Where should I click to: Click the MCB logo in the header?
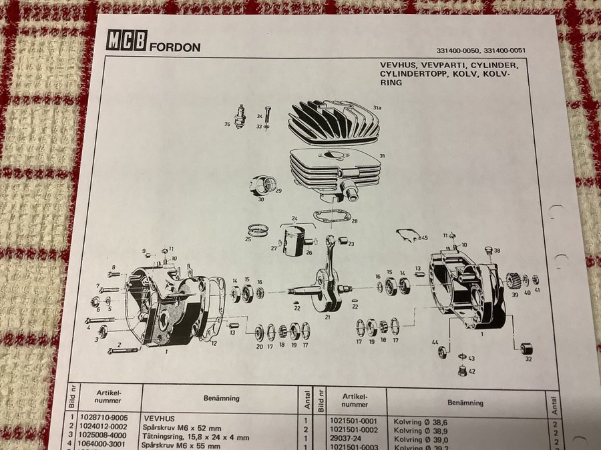click(x=127, y=42)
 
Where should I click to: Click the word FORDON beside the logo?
click(x=175, y=47)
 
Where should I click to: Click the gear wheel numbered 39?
click(x=513, y=281)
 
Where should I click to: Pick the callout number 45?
click(x=423, y=238)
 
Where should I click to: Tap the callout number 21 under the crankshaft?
click(x=327, y=317)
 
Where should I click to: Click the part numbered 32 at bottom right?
click(x=527, y=348)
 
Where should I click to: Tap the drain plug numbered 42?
click(x=462, y=370)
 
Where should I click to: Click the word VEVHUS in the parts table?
click(x=160, y=418)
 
